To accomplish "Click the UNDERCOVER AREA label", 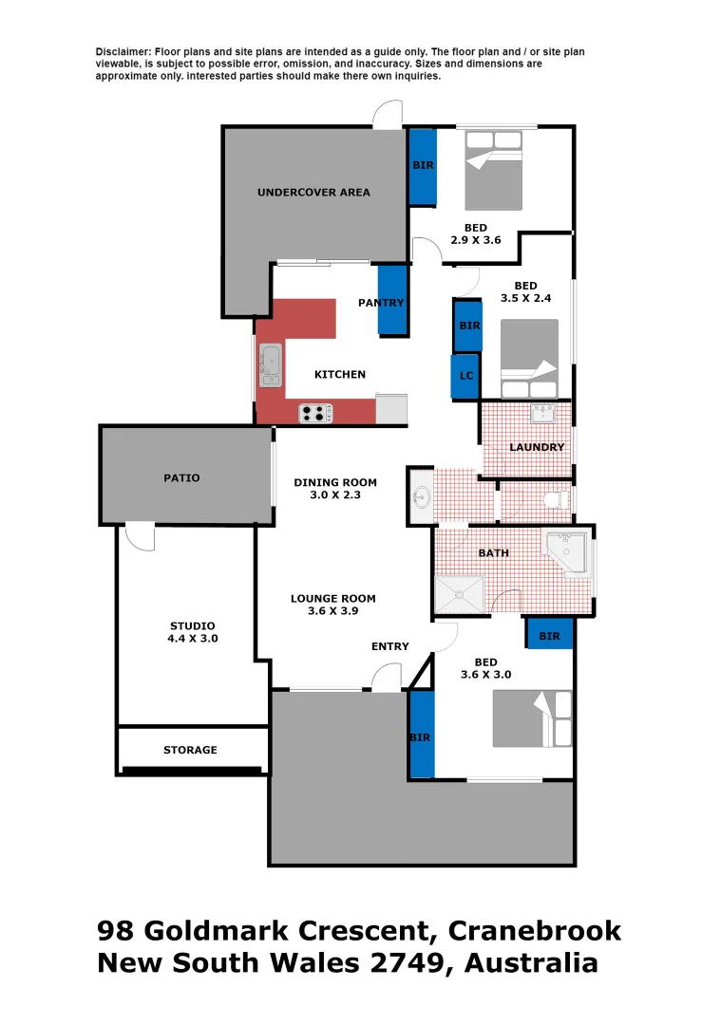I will pos(313,193).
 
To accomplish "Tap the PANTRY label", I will pos(381,303).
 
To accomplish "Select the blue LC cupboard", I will pos(465,376).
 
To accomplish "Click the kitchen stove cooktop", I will pos(315,413).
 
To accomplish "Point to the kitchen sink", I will pos(271,366).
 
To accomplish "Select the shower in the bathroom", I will pos(460,595).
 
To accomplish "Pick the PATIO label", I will pos(181,478).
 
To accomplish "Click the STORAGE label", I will pos(190,751).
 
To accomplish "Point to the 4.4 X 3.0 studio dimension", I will pos(192,639).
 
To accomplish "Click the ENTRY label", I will pos(389,647).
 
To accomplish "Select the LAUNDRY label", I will pos(537,447).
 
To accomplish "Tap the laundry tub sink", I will pos(543,413).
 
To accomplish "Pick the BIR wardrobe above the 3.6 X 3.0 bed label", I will pos(549,636).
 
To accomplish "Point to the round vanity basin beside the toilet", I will pos(422,495).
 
